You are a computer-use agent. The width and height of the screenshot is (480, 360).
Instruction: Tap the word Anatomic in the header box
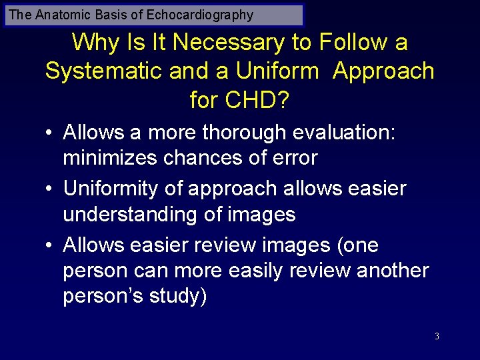click(60, 15)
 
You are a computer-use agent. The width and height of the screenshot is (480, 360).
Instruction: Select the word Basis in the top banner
click(105, 15)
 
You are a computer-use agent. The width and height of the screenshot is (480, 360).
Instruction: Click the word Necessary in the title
click(231, 43)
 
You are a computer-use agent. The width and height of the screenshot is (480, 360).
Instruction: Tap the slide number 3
click(437, 336)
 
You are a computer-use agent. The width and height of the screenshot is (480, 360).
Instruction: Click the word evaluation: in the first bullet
click(350, 133)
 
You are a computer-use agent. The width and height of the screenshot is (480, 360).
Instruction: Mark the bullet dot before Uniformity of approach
click(50, 189)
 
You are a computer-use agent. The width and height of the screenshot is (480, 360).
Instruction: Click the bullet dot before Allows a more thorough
click(50, 133)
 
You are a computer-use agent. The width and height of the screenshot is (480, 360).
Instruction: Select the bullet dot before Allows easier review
click(50, 245)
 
